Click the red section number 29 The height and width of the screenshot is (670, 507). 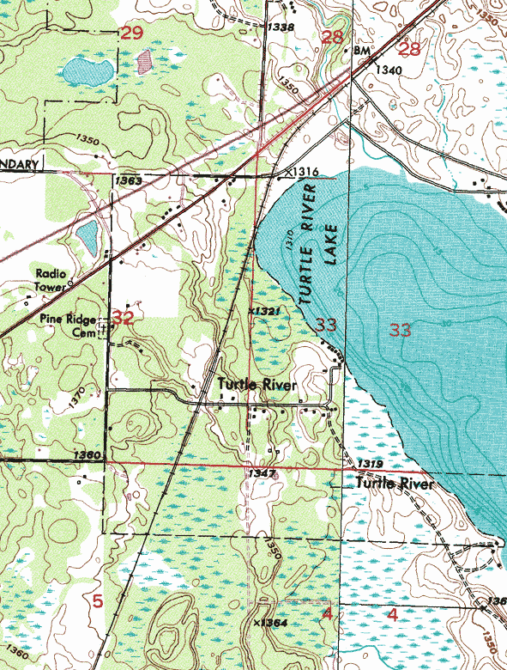coord(131,33)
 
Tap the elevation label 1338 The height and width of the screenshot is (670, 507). coord(280,28)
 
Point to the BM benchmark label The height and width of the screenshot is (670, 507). coord(360,52)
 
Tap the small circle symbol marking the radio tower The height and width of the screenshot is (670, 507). coord(71,282)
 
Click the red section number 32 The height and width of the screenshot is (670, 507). coord(123,319)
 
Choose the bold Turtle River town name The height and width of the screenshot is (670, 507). coord(257,385)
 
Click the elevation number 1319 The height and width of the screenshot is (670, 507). coord(370,465)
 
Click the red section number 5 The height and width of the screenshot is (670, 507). coord(97,601)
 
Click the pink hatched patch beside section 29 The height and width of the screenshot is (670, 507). coord(144,60)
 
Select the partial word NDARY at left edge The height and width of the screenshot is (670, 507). coord(17,165)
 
